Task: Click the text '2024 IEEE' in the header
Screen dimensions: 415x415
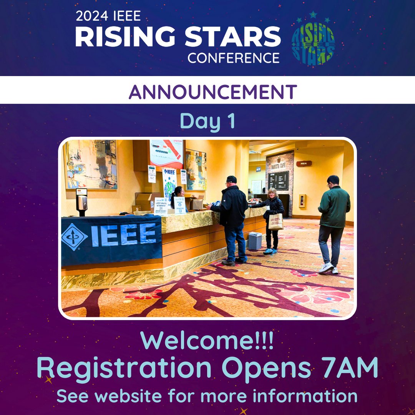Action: [x=108, y=16]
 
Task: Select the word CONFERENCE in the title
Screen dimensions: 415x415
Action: [x=233, y=57]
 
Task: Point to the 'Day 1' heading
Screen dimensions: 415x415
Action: [x=207, y=121]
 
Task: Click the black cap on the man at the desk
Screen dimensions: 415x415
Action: [x=231, y=179]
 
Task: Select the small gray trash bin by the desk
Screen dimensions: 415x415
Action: [x=255, y=241]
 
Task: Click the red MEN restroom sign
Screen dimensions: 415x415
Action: [x=304, y=163]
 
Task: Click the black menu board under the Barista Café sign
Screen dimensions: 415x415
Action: [x=279, y=180]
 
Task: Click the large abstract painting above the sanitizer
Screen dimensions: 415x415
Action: [x=91, y=164]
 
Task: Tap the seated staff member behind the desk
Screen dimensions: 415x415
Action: [x=178, y=197]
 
